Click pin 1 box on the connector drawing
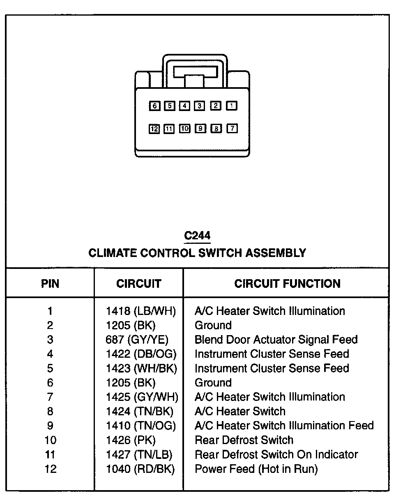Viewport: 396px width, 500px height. tap(232, 106)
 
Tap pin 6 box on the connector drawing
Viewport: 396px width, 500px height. tap(154, 106)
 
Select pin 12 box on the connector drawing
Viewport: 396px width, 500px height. tap(154, 129)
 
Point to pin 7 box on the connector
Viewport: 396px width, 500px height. tap(232, 129)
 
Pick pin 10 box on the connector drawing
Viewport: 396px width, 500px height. tap(185, 129)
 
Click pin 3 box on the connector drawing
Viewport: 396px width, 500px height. tap(200, 106)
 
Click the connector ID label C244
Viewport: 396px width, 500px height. tap(197, 236)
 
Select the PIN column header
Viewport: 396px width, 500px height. tap(50, 283)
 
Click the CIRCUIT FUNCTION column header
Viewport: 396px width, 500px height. tap(287, 283)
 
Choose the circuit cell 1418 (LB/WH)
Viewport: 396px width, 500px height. tap(141, 311)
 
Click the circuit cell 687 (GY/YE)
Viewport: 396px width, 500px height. tap(137, 340)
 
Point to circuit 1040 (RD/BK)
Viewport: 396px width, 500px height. tap(140, 469)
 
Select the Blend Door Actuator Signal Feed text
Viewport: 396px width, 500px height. tap(276, 340)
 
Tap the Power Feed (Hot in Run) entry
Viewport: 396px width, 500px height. tap(256, 469)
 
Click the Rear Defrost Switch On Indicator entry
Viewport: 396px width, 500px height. tap(276, 455)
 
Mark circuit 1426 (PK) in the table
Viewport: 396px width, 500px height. tap(131, 440)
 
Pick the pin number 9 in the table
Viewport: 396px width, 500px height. tap(50, 426)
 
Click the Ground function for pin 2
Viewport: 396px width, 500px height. tap(213, 325)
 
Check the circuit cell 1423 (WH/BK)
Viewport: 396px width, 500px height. tap(141, 368)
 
